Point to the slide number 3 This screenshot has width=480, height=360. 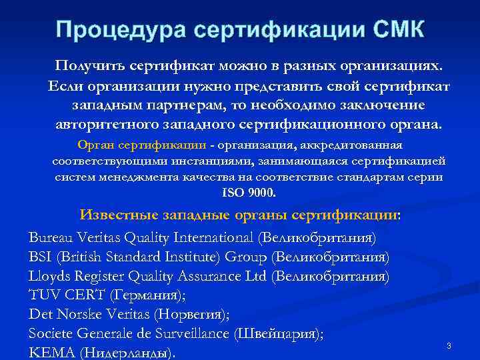pos(449,345)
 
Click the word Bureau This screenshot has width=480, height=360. pos(51,238)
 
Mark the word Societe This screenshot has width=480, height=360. pos(52,333)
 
